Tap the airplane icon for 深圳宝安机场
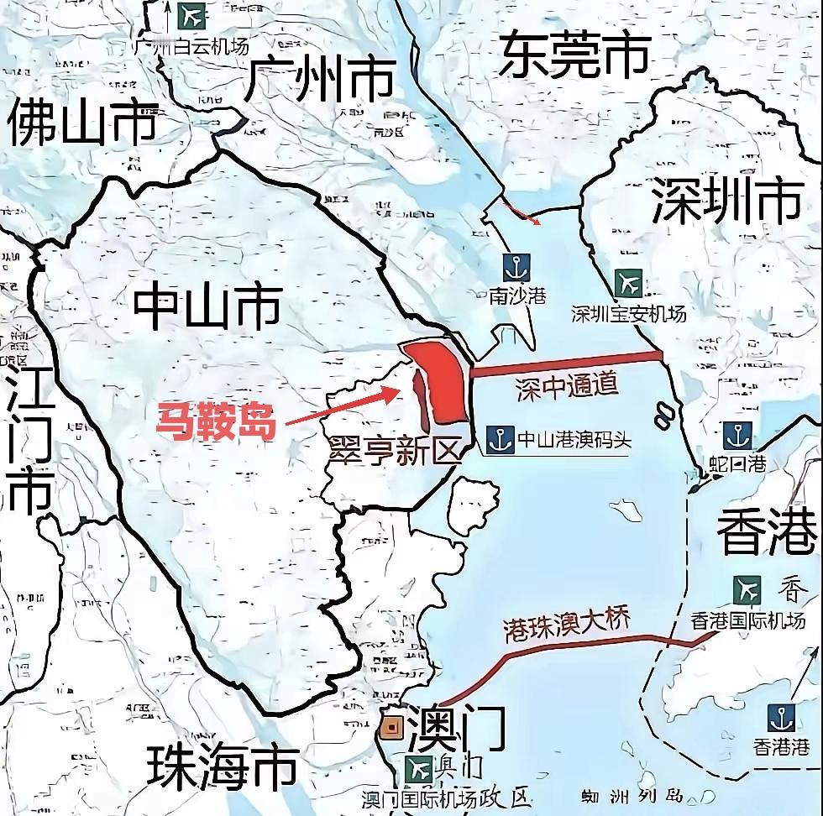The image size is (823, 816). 627,283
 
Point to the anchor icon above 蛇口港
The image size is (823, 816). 737,436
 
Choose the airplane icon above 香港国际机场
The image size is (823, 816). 747,589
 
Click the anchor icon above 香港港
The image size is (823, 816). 781,718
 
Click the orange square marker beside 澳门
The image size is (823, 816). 391,728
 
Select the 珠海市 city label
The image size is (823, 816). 223,766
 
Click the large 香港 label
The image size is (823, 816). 767,533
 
